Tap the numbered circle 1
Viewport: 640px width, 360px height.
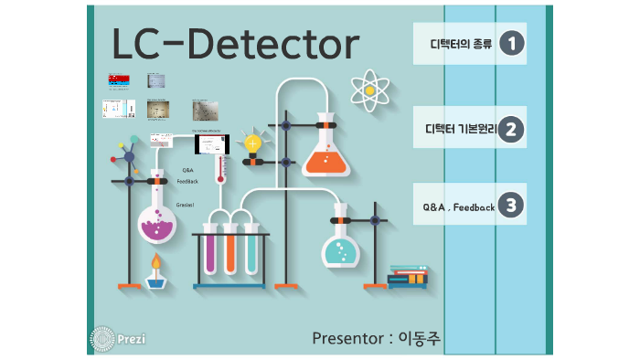pyautogui.click(x=513, y=43)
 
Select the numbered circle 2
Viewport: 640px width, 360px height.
pyautogui.click(x=513, y=129)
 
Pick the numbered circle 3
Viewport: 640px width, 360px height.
pyautogui.click(x=513, y=206)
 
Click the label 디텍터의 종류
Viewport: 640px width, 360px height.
pyautogui.click(x=461, y=44)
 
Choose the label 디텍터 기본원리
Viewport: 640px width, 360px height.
pyautogui.click(x=461, y=130)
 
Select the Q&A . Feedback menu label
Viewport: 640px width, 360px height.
pyautogui.click(x=459, y=207)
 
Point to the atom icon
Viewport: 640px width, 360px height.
pyautogui.click(x=369, y=90)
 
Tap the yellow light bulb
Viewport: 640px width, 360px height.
pyautogui.click(x=252, y=143)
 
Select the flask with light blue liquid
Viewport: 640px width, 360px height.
pyautogui.click(x=341, y=247)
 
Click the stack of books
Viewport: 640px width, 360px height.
pyautogui.click(x=408, y=276)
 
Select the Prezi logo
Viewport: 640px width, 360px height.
pyautogui.click(x=118, y=338)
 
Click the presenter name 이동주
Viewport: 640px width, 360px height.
pyautogui.click(x=419, y=338)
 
